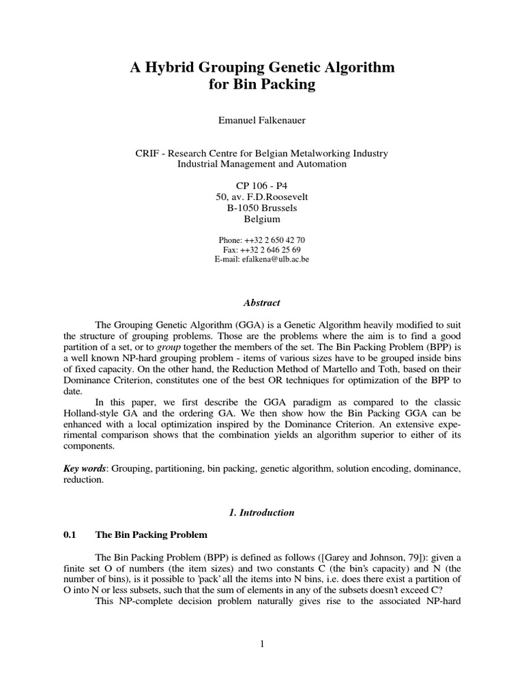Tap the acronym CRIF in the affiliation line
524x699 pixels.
(x=148, y=154)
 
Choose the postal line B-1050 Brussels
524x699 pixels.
(x=262, y=208)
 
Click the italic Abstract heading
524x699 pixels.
(x=262, y=302)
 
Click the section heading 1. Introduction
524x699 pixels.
(x=262, y=512)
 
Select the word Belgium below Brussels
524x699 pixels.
(x=262, y=219)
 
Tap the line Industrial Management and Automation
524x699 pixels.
(x=262, y=164)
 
